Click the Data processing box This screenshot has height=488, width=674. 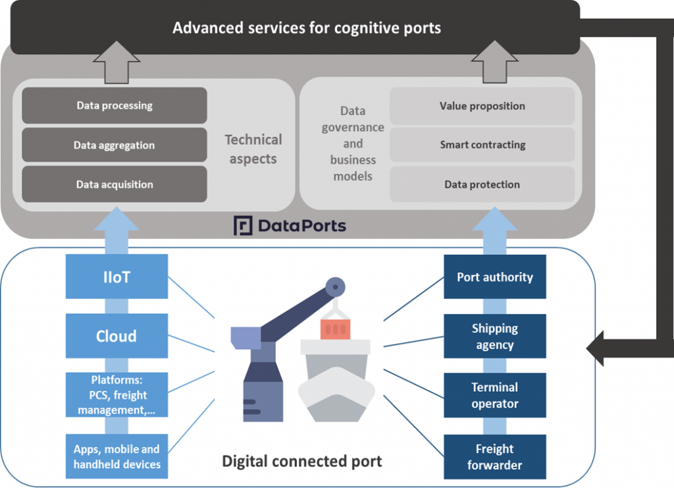tap(115, 105)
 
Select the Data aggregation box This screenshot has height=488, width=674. tap(115, 145)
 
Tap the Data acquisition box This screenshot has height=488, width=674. tap(115, 184)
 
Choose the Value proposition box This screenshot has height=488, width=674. tap(482, 106)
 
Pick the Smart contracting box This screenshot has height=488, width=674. tap(482, 145)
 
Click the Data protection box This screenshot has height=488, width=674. tap(482, 184)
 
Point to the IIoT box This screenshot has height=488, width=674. tap(117, 277)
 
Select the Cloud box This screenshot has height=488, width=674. tap(117, 336)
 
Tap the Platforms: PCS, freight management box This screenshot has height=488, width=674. tap(117, 395)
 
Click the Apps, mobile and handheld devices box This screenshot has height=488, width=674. tap(117, 456)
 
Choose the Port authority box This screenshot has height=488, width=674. tap(495, 277)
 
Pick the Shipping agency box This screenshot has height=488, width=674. tap(495, 336)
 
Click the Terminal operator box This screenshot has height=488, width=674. tap(495, 395)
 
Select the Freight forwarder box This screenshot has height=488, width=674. tap(495, 456)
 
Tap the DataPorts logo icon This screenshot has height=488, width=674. tap(244, 226)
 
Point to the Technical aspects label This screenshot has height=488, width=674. tap(253, 149)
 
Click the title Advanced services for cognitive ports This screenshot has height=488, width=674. tap(307, 28)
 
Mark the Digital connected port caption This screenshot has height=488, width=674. tap(302, 460)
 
